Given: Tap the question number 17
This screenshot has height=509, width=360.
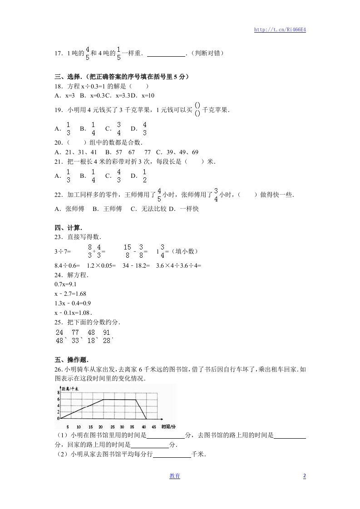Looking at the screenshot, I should click(58, 54).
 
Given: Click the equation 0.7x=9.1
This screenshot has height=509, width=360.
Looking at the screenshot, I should click(65, 284).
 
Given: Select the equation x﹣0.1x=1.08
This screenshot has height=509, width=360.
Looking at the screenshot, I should click(73, 313).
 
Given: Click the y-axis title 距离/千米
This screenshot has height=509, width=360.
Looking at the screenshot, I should click(70, 389).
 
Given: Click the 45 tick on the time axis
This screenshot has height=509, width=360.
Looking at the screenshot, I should click(154, 427).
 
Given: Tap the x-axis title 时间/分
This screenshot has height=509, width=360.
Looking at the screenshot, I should click(168, 427).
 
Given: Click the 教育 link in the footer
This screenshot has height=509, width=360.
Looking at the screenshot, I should click(175, 476).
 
